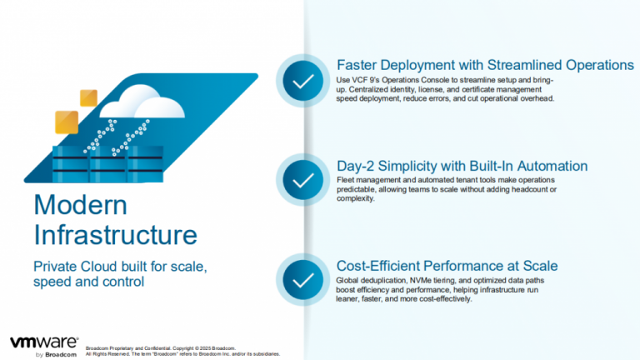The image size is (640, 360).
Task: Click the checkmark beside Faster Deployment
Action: click(303, 82)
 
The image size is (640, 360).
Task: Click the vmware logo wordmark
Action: click(44, 342)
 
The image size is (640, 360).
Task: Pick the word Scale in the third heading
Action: click(539, 266)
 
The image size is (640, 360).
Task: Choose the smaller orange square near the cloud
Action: click(88, 97)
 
